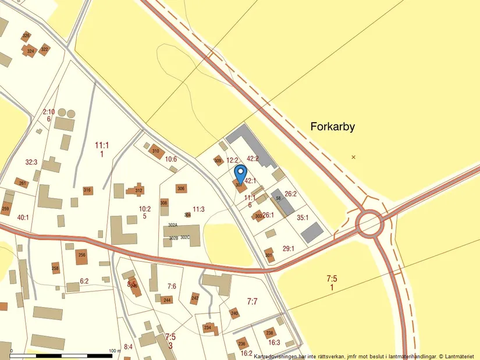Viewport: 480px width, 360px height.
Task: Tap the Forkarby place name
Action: [333, 126]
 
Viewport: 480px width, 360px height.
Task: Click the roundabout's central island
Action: [369, 223]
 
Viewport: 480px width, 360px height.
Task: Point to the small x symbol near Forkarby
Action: [353, 157]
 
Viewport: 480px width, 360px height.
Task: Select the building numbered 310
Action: [156, 152]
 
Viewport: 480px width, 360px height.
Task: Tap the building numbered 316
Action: [87, 190]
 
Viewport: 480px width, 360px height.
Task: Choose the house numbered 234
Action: [208, 328]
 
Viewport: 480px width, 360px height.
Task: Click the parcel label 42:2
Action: [253, 158]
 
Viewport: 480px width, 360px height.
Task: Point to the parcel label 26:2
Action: [291, 194]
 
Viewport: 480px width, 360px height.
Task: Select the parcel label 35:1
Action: [303, 218]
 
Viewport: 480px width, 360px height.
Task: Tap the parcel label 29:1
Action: [289, 248]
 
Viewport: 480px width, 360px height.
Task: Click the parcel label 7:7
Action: [252, 301]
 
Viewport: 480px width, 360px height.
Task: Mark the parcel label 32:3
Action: [31, 162]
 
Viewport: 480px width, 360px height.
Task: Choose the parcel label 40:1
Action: [23, 217]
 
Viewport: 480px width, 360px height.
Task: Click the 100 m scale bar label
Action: [115, 351]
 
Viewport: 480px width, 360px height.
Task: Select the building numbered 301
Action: [269, 255]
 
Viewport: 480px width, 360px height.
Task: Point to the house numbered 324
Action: [30, 51]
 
